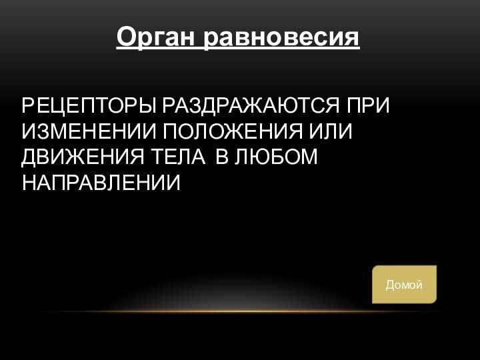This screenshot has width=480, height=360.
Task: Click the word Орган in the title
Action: point(156,37)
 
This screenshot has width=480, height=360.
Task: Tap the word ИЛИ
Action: point(331,131)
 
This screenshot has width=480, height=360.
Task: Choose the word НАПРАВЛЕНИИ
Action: point(101,181)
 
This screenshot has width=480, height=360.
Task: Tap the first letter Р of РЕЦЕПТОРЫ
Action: point(28,107)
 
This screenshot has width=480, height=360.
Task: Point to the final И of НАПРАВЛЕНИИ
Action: point(175,181)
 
